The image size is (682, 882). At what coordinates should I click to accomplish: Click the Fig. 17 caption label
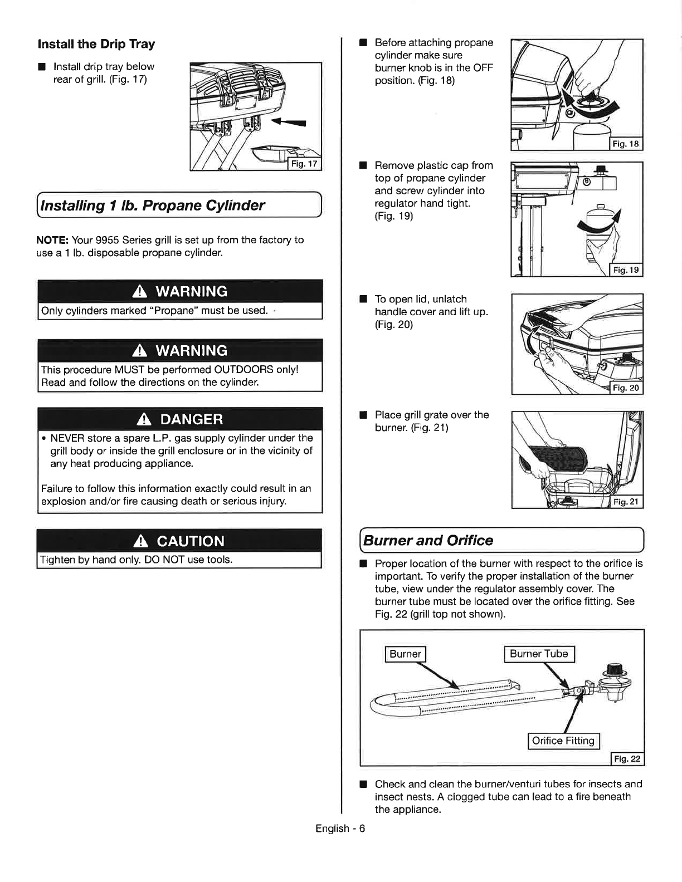304,164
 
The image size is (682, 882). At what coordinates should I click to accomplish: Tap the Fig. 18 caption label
626,144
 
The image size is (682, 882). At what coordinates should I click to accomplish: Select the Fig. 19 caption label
626,270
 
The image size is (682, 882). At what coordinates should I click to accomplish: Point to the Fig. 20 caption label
626,388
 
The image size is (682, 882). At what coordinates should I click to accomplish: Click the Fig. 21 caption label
626,502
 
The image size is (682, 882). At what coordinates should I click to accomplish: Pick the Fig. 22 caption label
627,758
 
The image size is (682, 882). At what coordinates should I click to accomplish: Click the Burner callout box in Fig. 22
405,654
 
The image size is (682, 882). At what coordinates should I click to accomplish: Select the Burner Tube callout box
539,654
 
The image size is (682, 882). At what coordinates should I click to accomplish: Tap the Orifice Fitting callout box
563,741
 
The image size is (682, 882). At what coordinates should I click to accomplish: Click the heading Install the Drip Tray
96,44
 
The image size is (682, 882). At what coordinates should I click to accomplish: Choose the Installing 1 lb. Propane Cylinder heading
152,205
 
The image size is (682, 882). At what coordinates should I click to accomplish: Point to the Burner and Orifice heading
428,540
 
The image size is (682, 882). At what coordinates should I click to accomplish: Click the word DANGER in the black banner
191,419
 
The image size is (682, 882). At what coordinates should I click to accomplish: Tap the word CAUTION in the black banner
190,541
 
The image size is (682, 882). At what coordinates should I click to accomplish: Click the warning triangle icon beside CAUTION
140,541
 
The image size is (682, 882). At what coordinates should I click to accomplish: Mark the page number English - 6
340,829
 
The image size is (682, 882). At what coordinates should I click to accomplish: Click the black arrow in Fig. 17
288,122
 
